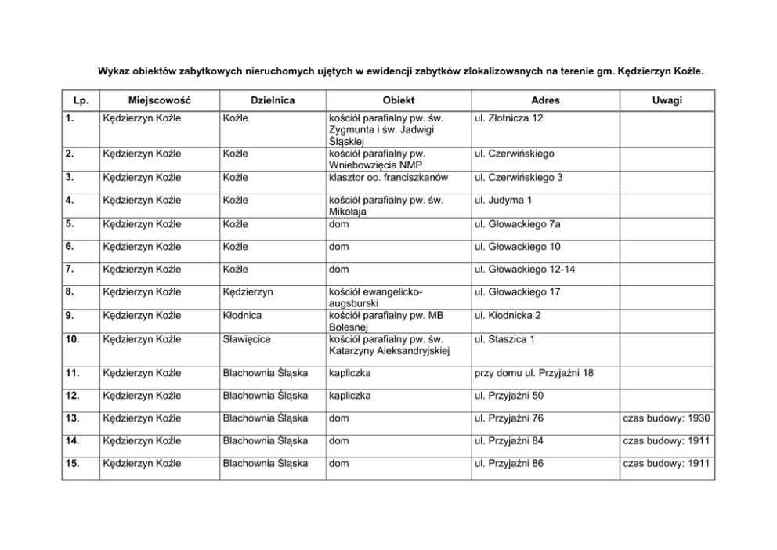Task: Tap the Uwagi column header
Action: pyautogui.click(x=666, y=100)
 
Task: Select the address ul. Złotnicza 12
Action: pyautogui.click(x=508, y=118)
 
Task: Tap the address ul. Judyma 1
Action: pyautogui.click(x=503, y=201)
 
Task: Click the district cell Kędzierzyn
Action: pyautogui.click(x=248, y=292)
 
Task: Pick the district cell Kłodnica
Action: pyautogui.click(x=243, y=316)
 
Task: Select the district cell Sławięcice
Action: pyautogui.click(x=247, y=339)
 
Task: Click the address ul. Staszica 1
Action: pyautogui.click(x=504, y=339)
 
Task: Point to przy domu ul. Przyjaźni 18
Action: pyautogui.click(x=533, y=372)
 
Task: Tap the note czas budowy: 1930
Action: pyautogui.click(x=666, y=418)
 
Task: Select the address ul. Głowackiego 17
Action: pyautogui.click(x=517, y=292)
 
